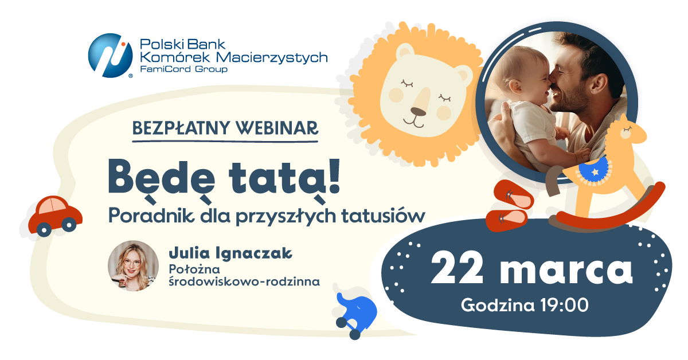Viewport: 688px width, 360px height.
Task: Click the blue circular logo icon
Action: [x=110, y=56]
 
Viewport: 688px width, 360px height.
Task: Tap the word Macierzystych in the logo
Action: [x=272, y=57]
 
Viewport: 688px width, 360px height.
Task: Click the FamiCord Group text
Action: [x=183, y=69]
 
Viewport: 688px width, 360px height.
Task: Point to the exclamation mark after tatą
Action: [x=334, y=175]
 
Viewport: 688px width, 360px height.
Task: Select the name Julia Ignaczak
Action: [x=230, y=253]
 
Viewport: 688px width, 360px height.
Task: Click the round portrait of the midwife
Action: [x=133, y=266]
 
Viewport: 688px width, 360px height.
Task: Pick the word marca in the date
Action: [x=566, y=271]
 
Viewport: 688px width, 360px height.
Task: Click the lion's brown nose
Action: [x=419, y=111]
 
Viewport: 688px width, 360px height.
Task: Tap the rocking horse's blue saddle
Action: [x=594, y=170]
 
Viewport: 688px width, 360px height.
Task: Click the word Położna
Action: [x=194, y=269]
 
